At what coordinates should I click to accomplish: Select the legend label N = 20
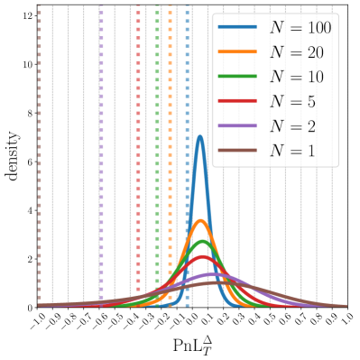(x=297, y=53)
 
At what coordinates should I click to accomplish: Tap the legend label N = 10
(x=297, y=78)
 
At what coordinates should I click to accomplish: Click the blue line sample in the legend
(x=237, y=29)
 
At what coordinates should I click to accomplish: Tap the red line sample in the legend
(x=237, y=102)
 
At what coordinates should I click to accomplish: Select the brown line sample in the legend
(x=237, y=151)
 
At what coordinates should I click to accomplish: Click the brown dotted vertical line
(x=40, y=153)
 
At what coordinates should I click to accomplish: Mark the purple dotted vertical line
(x=101, y=153)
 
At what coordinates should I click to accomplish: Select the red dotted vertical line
(x=138, y=153)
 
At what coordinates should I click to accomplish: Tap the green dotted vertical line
(x=158, y=153)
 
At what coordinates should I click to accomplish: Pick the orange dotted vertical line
(x=170, y=153)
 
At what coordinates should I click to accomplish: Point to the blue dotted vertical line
(x=187, y=153)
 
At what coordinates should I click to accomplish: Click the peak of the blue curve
(x=200, y=136)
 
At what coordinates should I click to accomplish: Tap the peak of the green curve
(x=202, y=242)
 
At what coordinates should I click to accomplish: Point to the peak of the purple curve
(x=209, y=273)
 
